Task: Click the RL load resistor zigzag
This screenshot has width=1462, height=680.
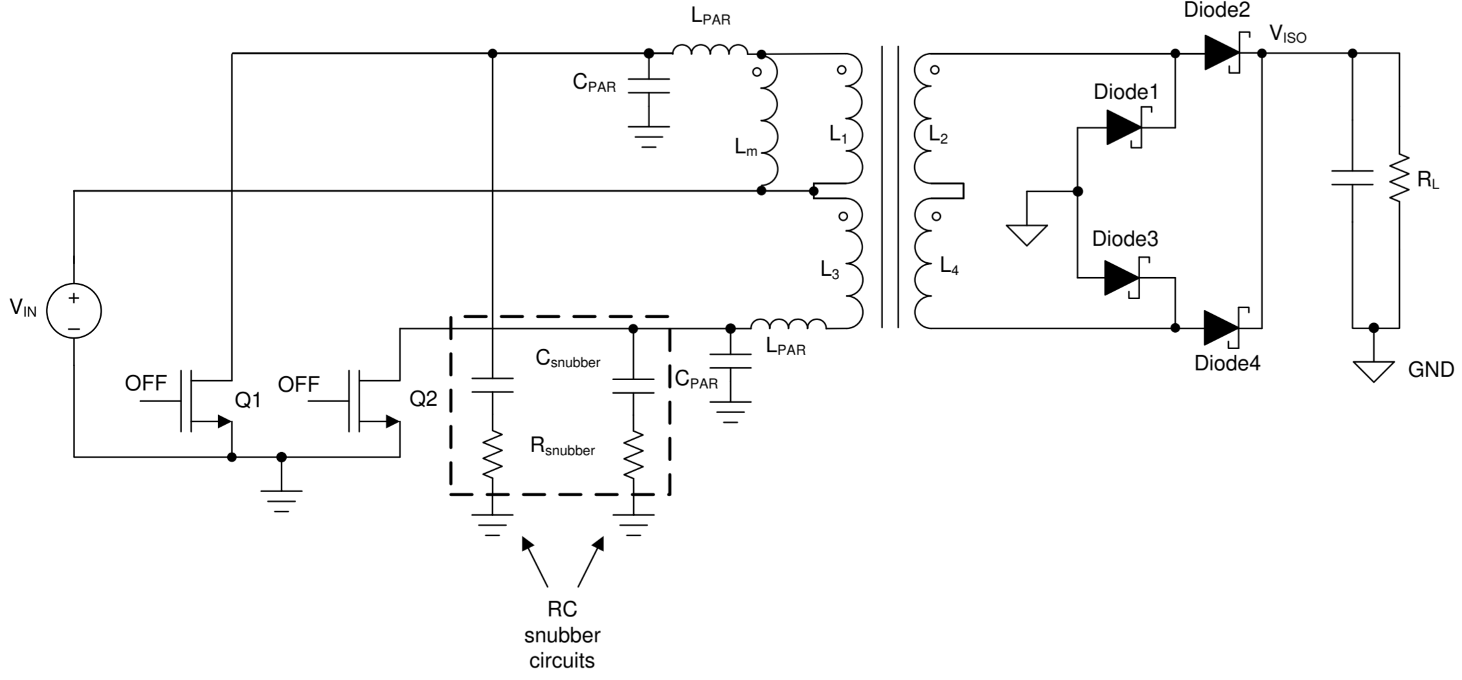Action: coord(1399,178)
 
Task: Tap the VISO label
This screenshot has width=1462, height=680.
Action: coord(1288,34)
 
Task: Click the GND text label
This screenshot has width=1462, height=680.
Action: coord(1431,370)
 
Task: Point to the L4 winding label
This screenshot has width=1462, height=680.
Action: coord(949,266)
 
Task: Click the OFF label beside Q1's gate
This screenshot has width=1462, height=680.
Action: coord(146,383)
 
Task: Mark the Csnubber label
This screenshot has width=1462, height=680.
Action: coord(568,359)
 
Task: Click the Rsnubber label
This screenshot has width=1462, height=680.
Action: coord(563,446)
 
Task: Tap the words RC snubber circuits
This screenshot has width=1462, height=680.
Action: coord(562,635)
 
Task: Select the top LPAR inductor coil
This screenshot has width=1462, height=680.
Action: coord(710,50)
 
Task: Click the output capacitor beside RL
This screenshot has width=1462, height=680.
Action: coord(1352,178)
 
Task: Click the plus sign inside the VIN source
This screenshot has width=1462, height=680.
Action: coord(74,298)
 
